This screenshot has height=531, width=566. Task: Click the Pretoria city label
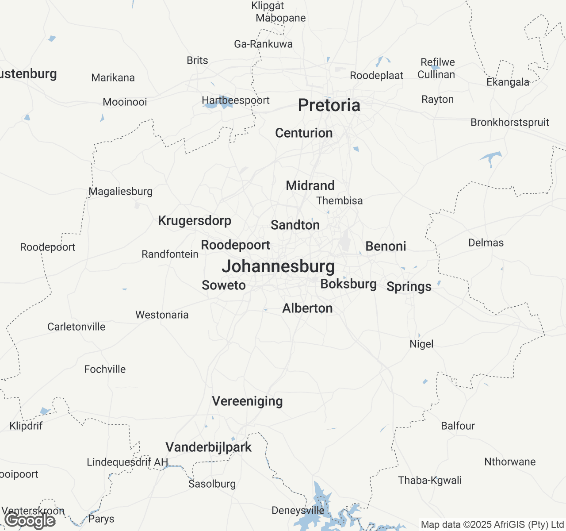click(329, 105)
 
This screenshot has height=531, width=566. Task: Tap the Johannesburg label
click(278, 266)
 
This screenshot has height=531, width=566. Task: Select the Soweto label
click(224, 285)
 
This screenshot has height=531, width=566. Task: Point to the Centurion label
click(304, 133)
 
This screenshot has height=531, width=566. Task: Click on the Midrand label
click(310, 185)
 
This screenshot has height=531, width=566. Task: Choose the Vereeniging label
click(247, 401)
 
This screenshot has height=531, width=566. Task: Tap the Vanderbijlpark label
click(208, 447)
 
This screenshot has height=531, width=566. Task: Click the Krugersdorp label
click(195, 220)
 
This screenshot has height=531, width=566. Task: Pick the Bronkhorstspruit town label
click(509, 122)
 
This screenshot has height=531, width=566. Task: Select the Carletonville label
click(76, 327)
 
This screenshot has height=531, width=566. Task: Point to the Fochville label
click(105, 369)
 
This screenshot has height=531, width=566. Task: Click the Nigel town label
click(421, 344)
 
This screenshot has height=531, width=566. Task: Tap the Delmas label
click(486, 242)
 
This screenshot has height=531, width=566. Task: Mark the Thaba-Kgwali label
click(429, 480)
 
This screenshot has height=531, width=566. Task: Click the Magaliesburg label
click(120, 191)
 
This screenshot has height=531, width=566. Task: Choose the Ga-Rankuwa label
click(263, 44)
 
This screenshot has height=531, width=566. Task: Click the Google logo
click(30, 521)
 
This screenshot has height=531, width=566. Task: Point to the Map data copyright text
click(492, 525)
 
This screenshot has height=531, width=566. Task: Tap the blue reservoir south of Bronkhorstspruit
click(491, 157)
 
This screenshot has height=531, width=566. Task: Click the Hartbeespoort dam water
click(223, 103)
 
